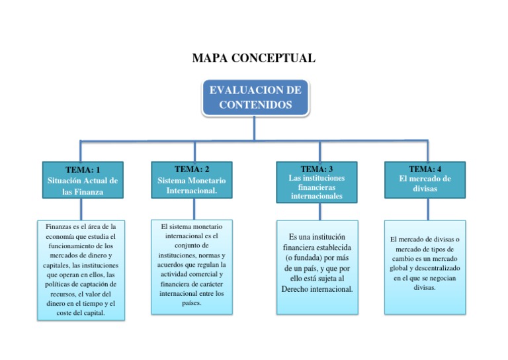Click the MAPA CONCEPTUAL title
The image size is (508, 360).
(x=253, y=58)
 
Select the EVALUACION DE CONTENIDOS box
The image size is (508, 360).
(x=255, y=97)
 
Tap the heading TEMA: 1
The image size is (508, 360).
(x=83, y=169)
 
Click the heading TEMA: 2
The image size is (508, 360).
(x=192, y=169)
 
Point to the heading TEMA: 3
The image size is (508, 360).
(x=317, y=169)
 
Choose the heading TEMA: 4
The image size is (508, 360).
(x=425, y=169)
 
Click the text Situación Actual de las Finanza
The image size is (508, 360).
(x=83, y=186)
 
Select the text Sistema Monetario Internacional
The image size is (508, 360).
(x=192, y=185)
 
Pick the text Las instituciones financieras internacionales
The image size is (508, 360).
(x=317, y=187)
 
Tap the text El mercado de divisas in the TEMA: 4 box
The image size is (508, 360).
(x=425, y=183)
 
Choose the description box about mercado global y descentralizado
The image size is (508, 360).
(x=425, y=267)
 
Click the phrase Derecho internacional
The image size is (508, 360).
(x=317, y=289)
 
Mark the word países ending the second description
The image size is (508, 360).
(x=192, y=303)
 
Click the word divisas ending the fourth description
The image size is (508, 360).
(x=425, y=288)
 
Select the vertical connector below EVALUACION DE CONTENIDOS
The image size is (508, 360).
(x=255, y=128)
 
